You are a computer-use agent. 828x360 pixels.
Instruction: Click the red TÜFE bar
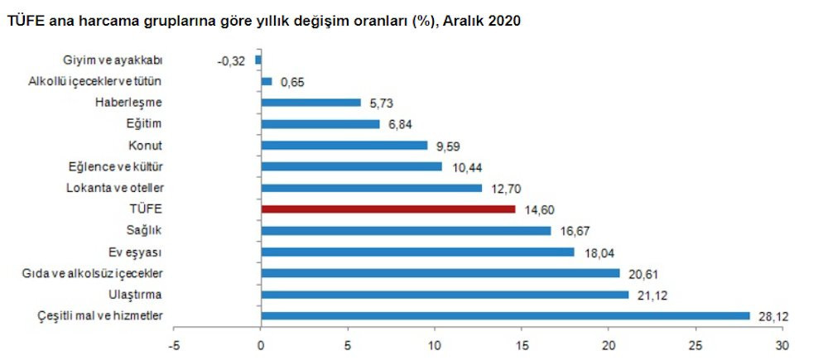click(388, 209)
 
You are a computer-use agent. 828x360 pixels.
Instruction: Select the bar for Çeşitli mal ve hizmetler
click(505, 315)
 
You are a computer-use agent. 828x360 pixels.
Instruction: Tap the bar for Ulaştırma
click(445, 295)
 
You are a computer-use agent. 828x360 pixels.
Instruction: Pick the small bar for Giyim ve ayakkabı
click(258, 60)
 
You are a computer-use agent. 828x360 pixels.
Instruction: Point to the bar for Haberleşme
click(310, 103)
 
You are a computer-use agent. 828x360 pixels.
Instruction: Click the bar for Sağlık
click(406, 231)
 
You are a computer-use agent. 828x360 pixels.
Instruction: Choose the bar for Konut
click(344, 146)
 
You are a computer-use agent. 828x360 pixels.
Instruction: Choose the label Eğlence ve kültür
click(117, 166)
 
